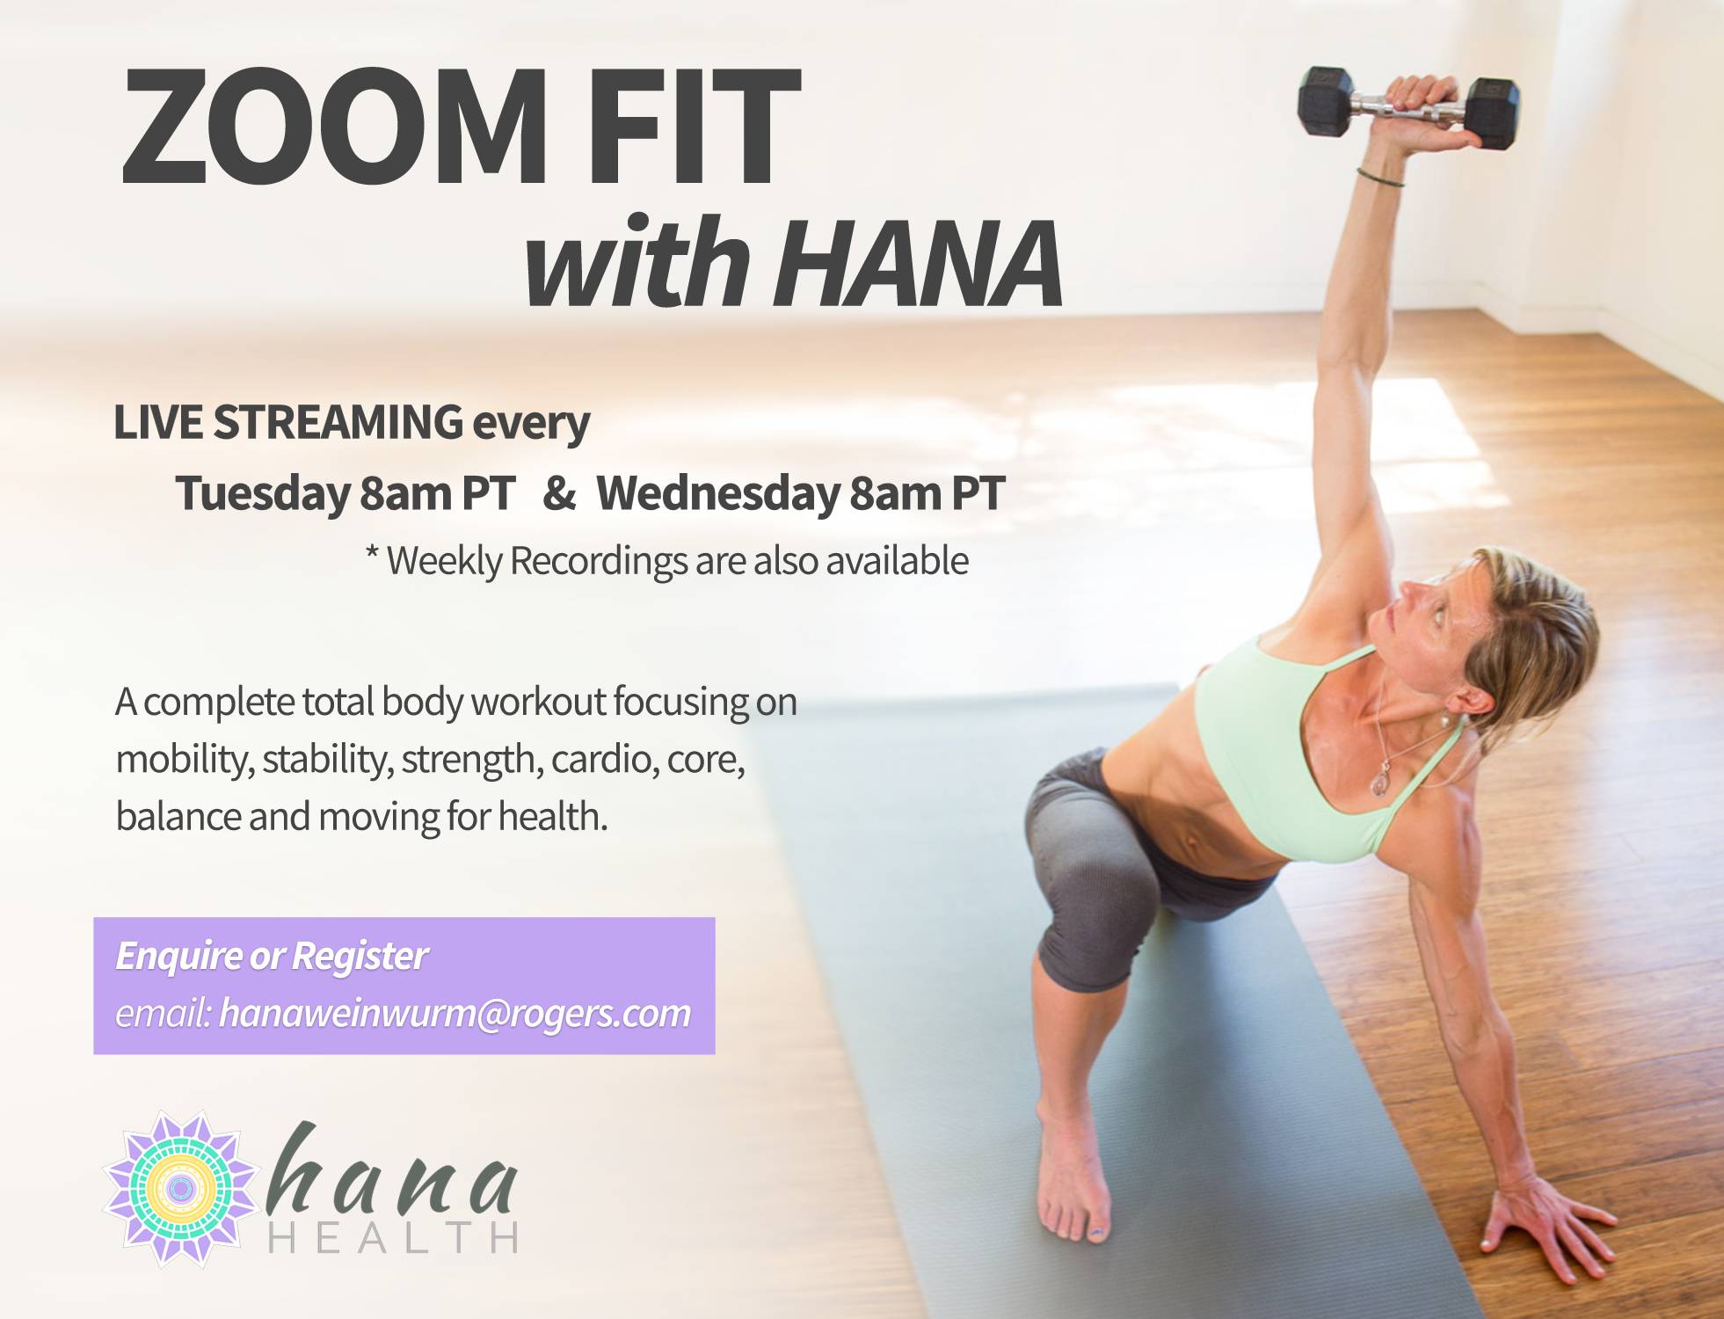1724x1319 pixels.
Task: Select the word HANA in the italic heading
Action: tap(920, 265)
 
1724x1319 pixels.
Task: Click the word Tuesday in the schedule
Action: tap(263, 492)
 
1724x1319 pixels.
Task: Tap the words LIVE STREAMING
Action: tap(288, 421)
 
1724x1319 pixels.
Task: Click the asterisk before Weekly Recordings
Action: tap(372, 554)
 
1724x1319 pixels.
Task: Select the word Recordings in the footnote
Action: tap(598, 561)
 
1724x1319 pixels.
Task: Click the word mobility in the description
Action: tap(185, 759)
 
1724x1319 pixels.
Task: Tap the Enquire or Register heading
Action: tap(272, 956)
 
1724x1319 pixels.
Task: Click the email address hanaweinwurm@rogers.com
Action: tap(455, 1014)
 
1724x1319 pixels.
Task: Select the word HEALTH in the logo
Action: tap(392, 1237)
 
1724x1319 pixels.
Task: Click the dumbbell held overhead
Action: tap(1408, 108)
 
